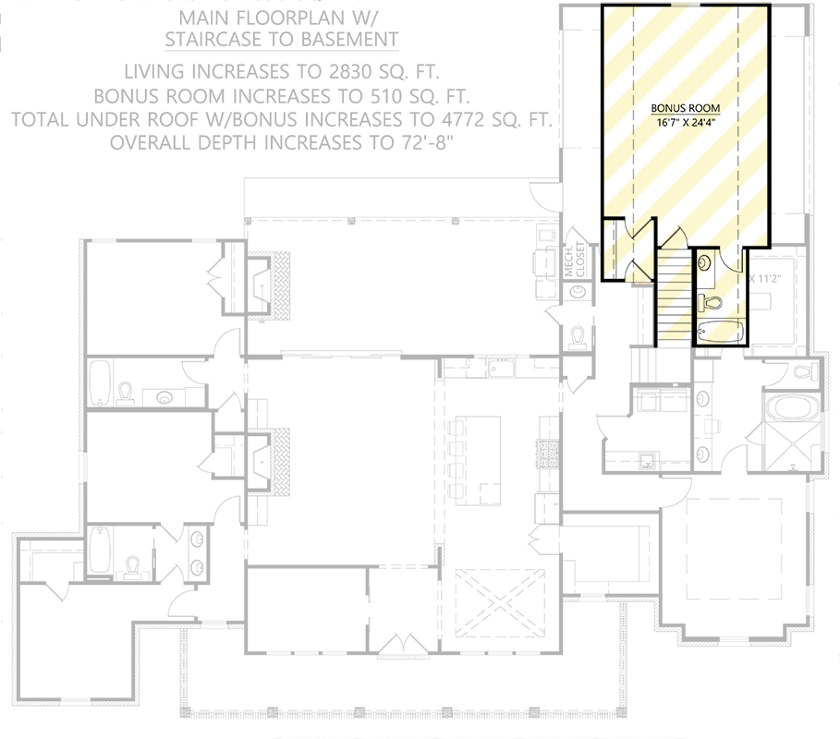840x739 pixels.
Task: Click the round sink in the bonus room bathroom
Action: click(x=704, y=261)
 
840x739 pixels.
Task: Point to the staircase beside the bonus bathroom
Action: click(x=674, y=297)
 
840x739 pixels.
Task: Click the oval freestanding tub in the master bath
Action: click(x=793, y=407)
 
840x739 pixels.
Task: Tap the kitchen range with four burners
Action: click(x=546, y=454)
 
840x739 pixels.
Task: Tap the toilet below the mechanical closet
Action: click(x=578, y=335)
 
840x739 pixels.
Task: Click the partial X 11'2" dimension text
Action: click(x=765, y=278)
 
